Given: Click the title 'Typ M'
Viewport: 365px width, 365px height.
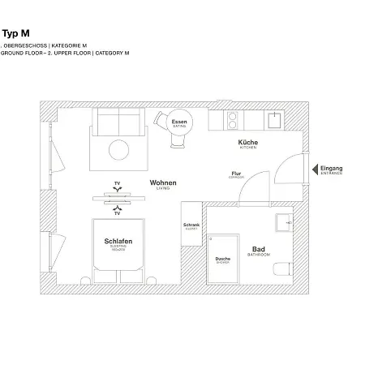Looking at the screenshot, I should coord(16,34).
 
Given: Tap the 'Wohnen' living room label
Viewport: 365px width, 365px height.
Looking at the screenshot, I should coord(162,183).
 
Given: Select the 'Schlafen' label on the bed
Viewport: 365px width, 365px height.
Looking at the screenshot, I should coord(118,242).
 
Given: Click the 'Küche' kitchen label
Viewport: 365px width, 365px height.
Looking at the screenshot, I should coord(247,143).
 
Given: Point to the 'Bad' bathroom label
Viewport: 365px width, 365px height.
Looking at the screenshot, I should coord(259,250).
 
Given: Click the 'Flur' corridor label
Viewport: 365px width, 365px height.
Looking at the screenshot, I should coord(236,173).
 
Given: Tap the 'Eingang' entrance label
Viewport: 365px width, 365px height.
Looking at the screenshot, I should coord(333,169).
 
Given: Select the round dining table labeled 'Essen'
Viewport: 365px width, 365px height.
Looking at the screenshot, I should coord(178,125).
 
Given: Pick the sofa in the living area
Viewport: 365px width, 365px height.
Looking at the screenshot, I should coord(118,122).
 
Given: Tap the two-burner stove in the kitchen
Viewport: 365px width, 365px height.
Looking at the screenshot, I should coord(230,121).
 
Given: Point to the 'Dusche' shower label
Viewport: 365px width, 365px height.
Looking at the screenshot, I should coord(222,260).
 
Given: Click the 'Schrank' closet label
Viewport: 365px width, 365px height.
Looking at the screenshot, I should coord(191,225).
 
